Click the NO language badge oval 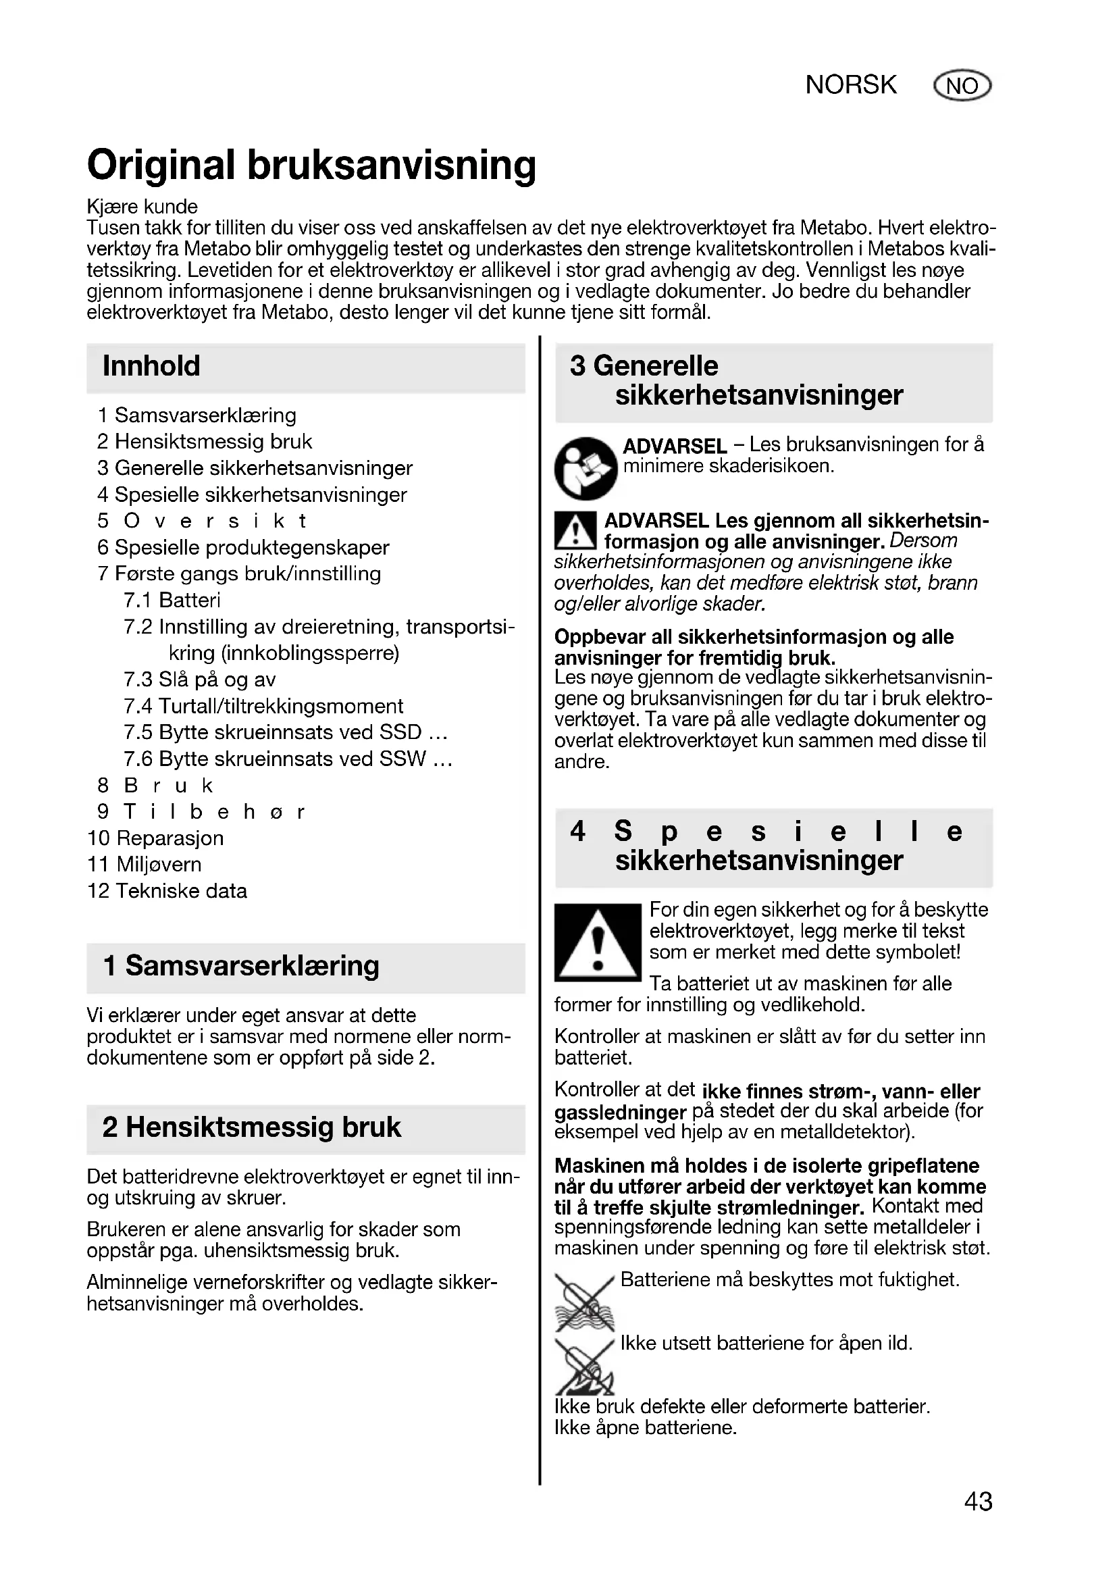tap(962, 86)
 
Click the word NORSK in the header tap(851, 85)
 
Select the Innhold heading tap(151, 366)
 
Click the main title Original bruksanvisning tap(311, 166)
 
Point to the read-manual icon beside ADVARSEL tap(586, 468)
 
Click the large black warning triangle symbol tap(597, 943)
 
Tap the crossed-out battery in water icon tap(584, 1302)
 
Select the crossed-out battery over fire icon tap(584, 1367)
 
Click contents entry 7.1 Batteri tap(172, 600)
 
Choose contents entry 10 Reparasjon tap(155, 838)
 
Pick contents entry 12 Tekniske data tap(167, 891)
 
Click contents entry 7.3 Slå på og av tap(199, 680)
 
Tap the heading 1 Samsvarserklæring tap(240, 966)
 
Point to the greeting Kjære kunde tap(142, 207)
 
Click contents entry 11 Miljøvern tap(145, 865)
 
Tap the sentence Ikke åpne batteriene tap(645, 1427)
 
